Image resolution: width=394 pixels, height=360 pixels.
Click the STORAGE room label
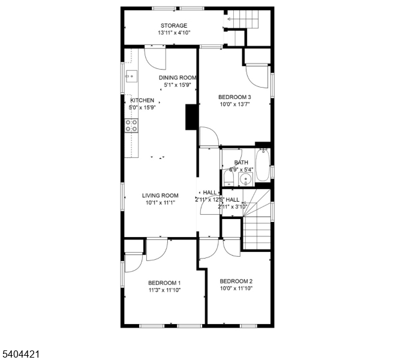coord(174,26)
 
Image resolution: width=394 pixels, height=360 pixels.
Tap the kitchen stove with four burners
coord(132,125)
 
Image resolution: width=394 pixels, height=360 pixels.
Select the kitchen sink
coord(131,76)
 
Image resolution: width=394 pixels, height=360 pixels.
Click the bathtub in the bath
coord(263,164)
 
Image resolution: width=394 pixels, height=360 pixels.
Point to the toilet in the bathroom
coord(228,179)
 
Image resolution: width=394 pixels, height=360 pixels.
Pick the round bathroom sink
coord(245,179)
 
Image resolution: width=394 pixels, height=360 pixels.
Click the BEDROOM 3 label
coord(234,97)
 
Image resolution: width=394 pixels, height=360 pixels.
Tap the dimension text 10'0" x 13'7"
coord(234,104)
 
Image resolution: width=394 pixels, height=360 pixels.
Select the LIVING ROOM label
coord(160,196)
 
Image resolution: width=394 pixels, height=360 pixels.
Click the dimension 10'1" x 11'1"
coord(160,203)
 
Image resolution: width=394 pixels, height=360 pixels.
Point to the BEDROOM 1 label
coord(164,283)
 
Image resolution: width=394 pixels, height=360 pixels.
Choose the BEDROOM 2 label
coord(236,281)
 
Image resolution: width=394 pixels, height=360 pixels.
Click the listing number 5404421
coord(21,354)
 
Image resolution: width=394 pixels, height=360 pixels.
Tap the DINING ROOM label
coord(178,77)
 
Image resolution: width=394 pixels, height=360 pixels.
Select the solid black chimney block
coord(191,117)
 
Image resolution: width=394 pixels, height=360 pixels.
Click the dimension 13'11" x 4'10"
coord(174,32)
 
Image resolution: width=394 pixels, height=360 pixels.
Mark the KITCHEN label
coord(142,100)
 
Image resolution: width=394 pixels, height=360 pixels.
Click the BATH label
coord(241,163)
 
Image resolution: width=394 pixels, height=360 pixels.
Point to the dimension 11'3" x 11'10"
coord(164,290)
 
